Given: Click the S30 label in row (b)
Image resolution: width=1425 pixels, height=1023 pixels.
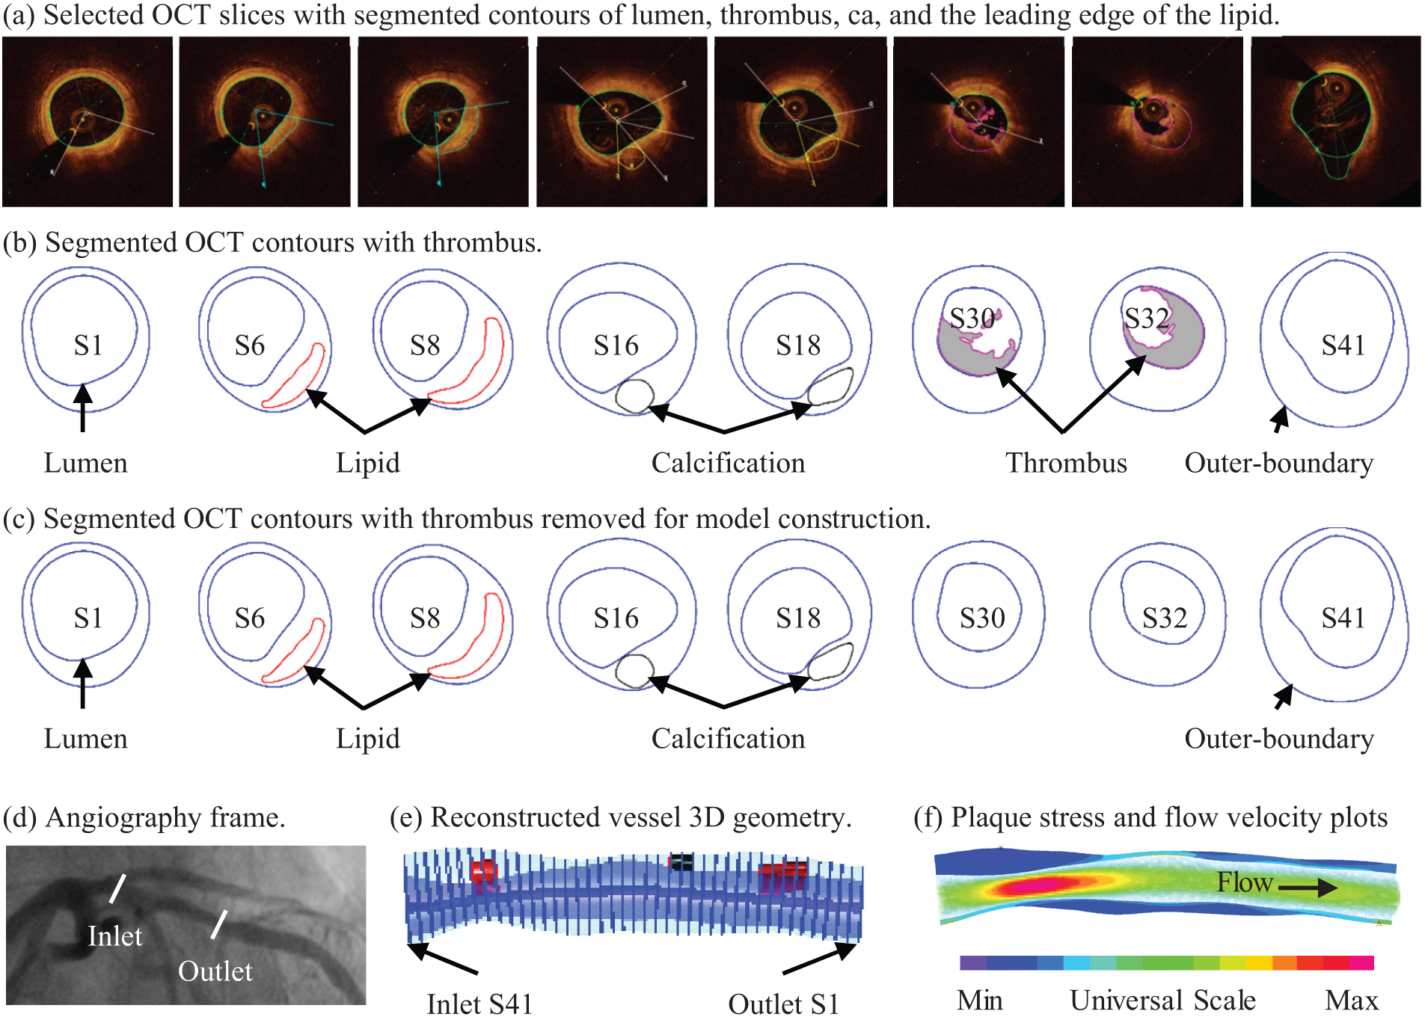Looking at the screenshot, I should point(972,319).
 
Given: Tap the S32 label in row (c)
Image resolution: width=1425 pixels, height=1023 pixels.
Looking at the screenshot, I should point(1165,618).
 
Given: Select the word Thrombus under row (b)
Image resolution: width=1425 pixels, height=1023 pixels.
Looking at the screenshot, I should point(1066,463).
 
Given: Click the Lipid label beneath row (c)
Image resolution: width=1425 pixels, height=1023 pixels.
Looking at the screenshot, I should point(367,739).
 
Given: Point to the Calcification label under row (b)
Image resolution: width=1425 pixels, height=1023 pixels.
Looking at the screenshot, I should point(728,463).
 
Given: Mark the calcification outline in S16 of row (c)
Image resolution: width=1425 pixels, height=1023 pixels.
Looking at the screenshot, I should point(634,671).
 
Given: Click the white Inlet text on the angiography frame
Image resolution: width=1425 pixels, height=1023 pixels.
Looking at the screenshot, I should point(114,936).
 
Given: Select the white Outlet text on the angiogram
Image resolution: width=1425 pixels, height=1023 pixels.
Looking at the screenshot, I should point(215,971).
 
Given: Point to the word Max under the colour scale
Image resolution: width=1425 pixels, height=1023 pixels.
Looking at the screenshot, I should point(1351,1001).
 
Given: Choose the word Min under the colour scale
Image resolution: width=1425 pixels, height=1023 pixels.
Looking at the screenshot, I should point(979,1001).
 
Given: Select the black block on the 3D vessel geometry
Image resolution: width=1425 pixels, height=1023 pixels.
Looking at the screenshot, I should point(681,862).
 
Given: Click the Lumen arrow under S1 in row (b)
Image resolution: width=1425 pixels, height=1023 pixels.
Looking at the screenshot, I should point(83,408).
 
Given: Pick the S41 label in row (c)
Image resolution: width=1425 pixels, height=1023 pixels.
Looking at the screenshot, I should point(1343,618).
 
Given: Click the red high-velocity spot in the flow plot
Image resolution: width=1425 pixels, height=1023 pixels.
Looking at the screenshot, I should point(1040,887).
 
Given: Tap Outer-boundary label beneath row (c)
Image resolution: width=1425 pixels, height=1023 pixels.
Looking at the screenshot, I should point(1278,739).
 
